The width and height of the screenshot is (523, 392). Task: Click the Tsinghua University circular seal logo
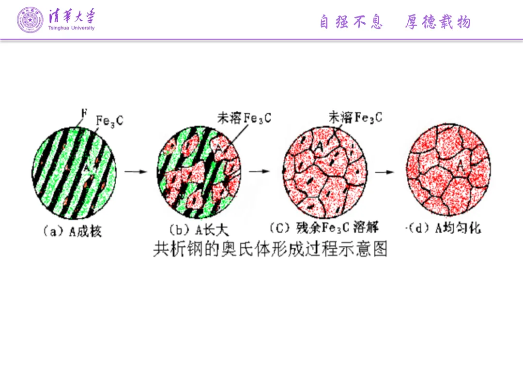30,20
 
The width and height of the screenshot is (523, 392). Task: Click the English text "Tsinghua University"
72,28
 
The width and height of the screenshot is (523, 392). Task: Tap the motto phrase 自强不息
351,22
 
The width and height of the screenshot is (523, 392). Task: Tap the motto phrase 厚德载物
438,22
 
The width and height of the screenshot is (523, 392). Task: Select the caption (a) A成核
73,232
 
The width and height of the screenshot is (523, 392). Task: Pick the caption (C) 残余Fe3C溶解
323,227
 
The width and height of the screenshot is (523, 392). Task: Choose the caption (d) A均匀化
444,228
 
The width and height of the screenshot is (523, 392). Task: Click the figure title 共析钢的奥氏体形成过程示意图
270,249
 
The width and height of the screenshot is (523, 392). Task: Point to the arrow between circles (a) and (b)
135,171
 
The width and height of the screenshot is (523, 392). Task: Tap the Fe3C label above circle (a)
109,120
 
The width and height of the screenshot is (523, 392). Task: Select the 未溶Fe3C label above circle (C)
355,117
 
